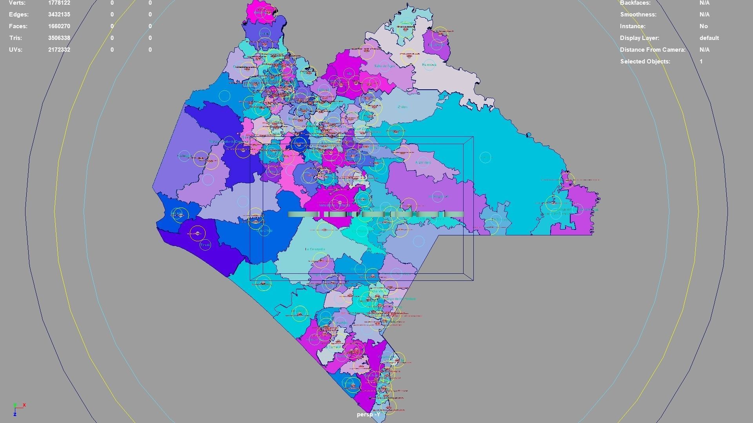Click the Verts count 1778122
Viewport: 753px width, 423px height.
59,3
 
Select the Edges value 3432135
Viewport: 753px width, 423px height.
59,14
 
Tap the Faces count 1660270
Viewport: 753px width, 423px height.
59,26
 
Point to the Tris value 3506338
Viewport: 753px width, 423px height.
59,38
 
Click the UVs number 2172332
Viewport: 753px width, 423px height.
59,50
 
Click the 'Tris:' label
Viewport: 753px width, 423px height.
15,38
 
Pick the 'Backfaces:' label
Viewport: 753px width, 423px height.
635,3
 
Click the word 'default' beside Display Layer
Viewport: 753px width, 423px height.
709,38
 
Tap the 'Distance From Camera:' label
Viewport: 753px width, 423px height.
653,50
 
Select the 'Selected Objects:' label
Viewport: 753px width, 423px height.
645,61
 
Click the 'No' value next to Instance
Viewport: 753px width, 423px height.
704,26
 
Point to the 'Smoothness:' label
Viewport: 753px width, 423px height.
638,14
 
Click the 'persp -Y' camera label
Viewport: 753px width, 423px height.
368,414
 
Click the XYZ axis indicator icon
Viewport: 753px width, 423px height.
18,409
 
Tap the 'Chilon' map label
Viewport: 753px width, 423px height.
402,107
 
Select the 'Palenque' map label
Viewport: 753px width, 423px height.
429,65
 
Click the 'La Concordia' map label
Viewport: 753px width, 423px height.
315,249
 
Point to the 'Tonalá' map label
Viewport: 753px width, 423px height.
205,245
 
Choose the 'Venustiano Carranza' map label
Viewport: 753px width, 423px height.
334,205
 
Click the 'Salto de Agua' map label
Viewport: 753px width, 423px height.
384,66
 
